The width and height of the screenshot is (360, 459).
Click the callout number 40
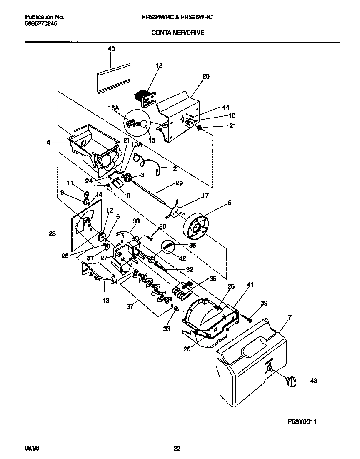point(111,49)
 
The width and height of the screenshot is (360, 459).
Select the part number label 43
point(314,380)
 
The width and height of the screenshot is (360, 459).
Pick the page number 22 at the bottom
point(177,449)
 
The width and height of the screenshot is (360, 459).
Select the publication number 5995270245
point(41,24)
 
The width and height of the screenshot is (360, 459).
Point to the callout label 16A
point(114,107)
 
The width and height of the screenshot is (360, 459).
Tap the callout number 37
point(130,306)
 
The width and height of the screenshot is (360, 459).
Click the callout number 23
point(52,234)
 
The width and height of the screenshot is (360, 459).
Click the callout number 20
point(206,76)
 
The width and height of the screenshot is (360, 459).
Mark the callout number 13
point(106,300)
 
